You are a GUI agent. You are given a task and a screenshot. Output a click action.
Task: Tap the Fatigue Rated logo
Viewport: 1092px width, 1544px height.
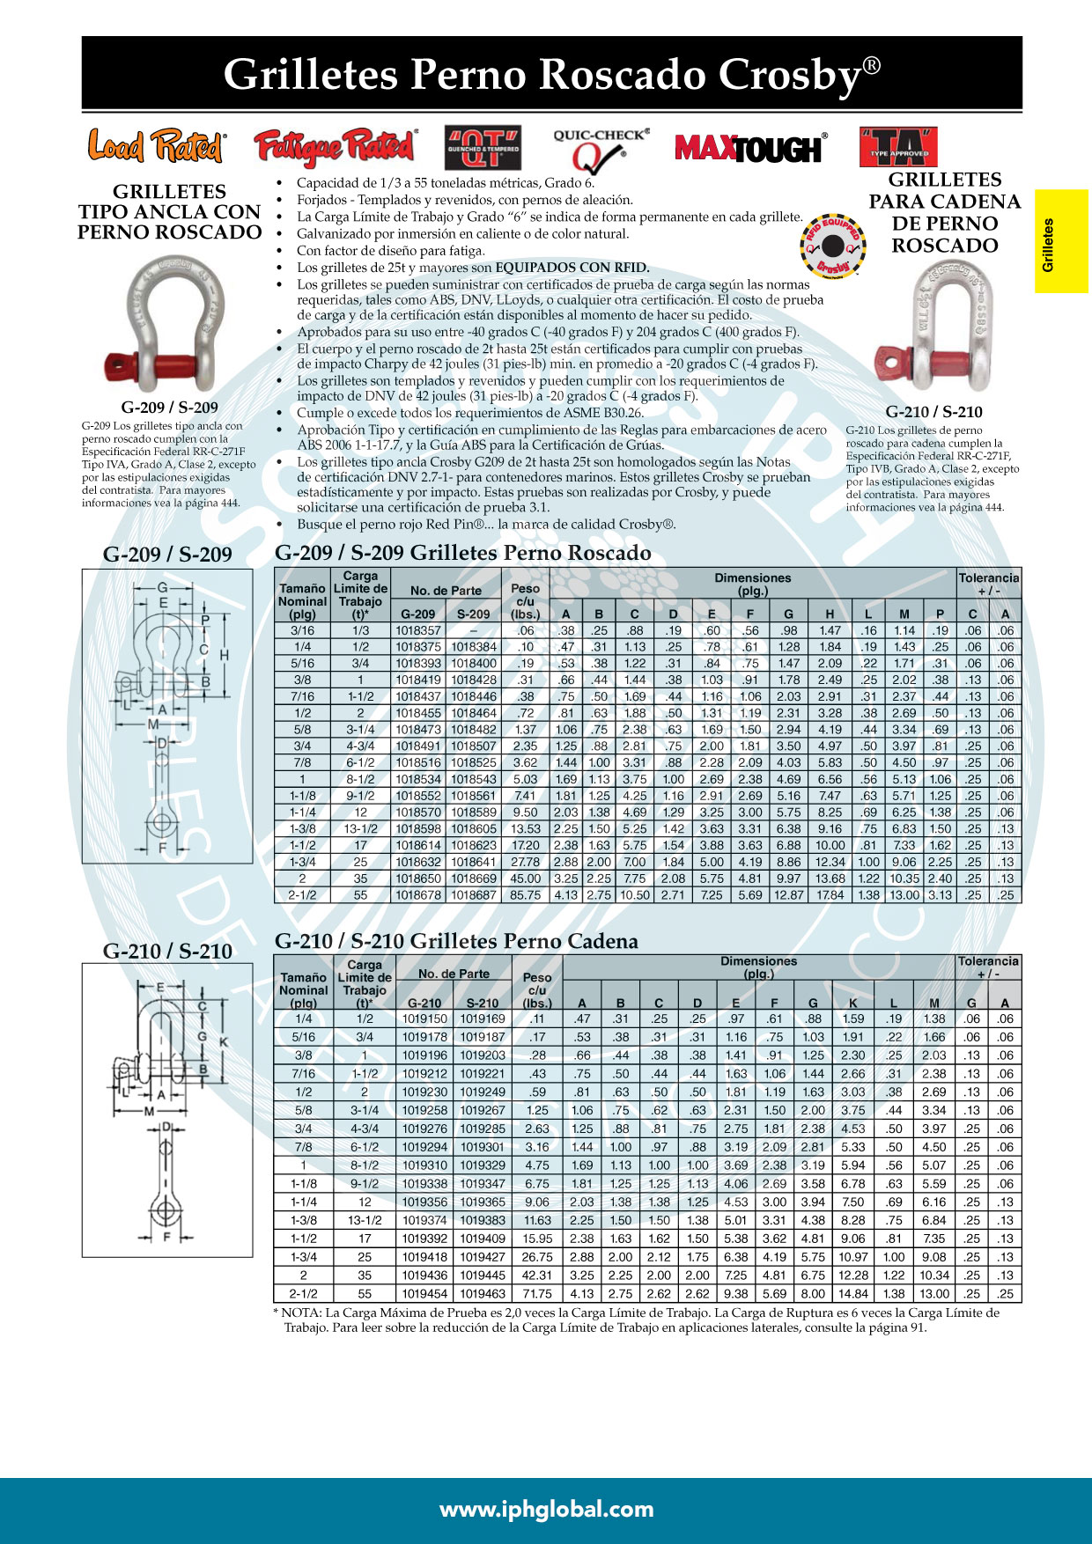[336, 147]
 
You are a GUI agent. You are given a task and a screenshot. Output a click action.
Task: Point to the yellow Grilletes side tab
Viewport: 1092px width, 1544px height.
[1061, 241]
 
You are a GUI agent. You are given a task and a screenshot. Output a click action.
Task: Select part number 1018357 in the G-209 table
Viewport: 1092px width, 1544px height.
[417, 630]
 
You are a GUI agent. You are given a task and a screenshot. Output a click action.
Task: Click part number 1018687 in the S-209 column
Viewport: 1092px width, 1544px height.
[474, 894]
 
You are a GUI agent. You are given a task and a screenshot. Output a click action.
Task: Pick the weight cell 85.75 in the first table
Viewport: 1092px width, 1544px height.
[526, 894]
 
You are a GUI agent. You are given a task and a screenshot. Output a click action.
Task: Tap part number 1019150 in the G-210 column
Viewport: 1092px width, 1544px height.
[424, 1018]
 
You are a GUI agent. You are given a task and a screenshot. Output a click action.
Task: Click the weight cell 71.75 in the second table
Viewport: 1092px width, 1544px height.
[537, 1294]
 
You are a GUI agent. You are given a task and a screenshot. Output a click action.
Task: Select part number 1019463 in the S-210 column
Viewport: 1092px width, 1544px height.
[483, 1294]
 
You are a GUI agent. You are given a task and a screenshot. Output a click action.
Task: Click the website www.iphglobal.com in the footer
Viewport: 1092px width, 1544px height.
[546, 1510]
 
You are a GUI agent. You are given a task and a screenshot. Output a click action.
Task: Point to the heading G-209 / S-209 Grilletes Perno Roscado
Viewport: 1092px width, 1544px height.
[463, 553]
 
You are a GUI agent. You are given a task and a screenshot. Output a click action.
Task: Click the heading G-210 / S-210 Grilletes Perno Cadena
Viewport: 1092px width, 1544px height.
[456, 941]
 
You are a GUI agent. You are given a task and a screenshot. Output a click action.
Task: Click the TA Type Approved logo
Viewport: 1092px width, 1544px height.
[898, 147]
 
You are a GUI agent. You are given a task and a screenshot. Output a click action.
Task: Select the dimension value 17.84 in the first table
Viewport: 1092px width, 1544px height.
[830, 894]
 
